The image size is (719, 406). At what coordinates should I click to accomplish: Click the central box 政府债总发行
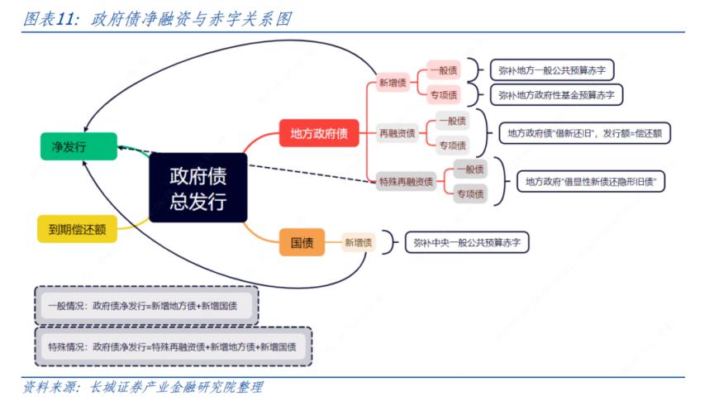pos(198,188)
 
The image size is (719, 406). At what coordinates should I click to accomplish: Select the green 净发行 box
pos(69,147)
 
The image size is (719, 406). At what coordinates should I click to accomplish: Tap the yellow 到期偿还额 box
pos(77,228)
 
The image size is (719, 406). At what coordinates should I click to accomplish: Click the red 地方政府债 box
pos(318,133)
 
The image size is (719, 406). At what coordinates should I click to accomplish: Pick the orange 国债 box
pos(302,242)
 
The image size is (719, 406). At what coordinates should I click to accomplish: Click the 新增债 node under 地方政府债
pos(393,83)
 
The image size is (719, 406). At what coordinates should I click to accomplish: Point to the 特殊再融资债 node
pos(406,182)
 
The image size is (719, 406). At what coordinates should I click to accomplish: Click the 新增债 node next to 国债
pos(359,242)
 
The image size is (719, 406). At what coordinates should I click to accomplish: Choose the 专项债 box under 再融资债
pos(452,146)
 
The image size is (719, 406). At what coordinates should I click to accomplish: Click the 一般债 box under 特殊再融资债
pos(469,169)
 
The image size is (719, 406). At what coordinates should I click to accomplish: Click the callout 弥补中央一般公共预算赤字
pos(467,242)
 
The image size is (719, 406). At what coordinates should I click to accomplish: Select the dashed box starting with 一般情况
pos(146,306)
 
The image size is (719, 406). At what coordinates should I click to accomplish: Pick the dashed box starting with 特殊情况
pos(174,346)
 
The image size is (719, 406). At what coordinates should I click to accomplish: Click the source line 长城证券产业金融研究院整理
pos(143,388)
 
